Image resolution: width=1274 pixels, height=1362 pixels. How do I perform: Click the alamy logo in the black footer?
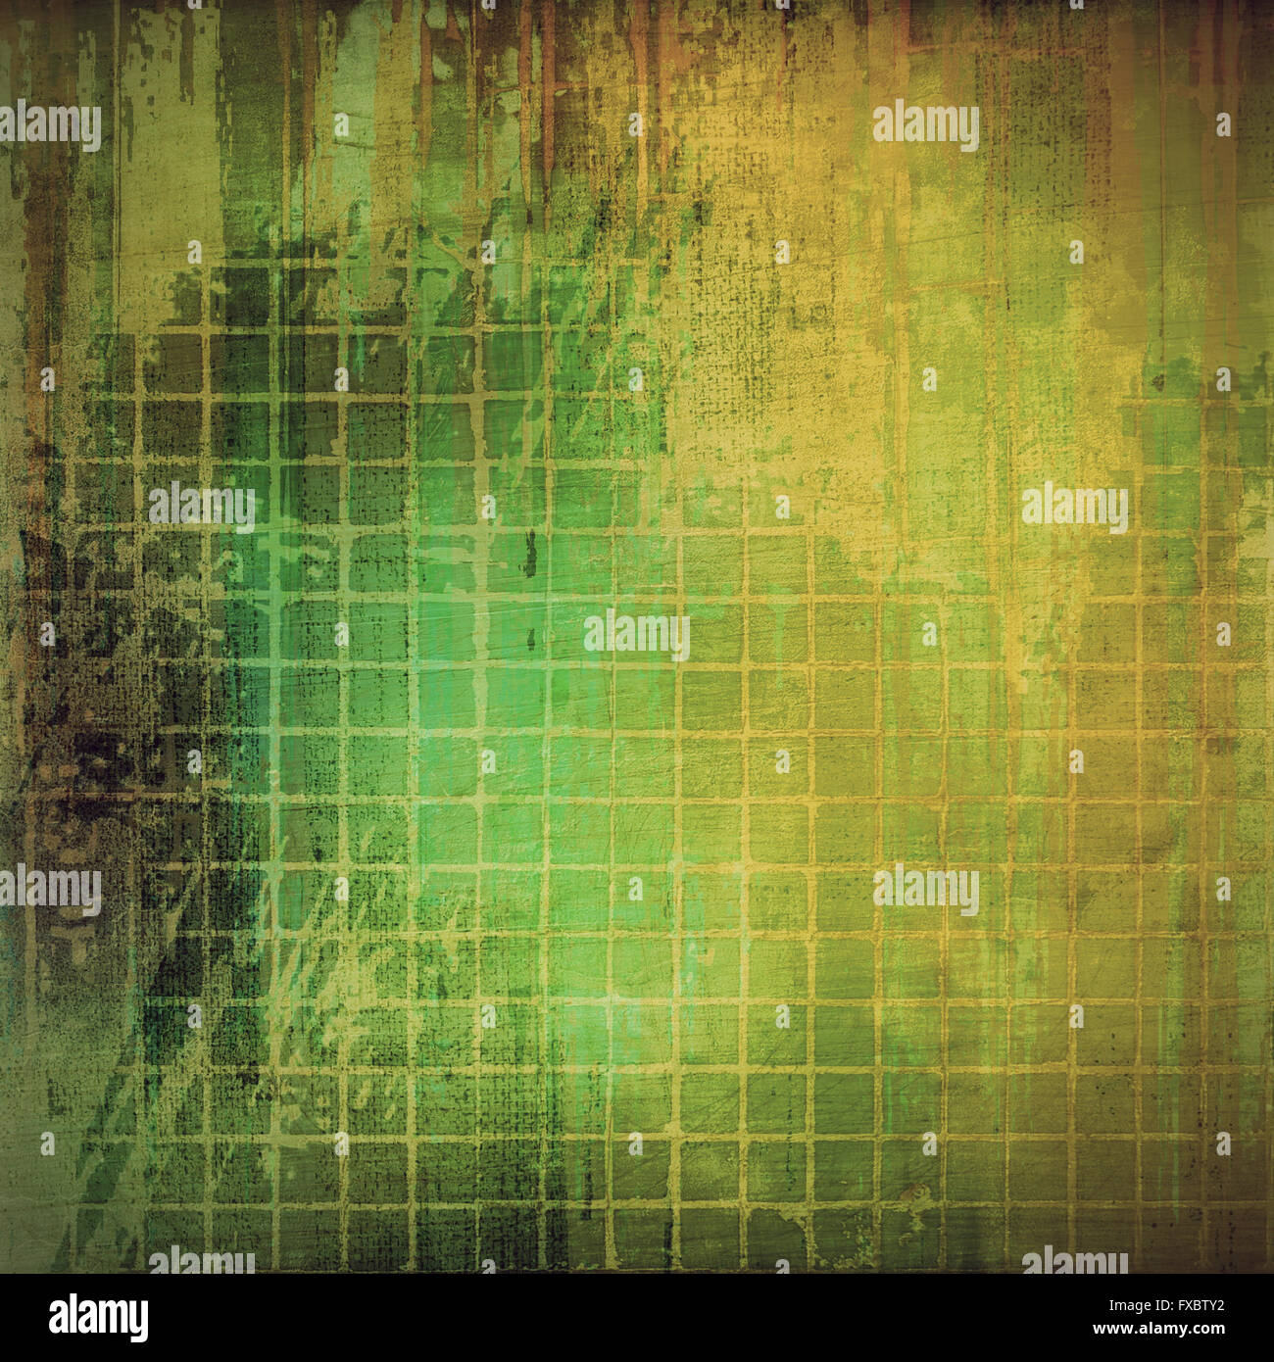point(99,1318)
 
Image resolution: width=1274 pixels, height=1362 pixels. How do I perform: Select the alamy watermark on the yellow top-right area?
point(926,126)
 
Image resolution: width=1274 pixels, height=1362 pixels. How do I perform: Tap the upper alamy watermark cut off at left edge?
point(50,126)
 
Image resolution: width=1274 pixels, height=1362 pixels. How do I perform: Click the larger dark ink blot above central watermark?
point(530,554)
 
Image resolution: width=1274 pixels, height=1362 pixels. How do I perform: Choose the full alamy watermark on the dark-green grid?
point(202,508)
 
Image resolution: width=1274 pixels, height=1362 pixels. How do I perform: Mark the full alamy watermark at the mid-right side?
point(1075,508)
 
